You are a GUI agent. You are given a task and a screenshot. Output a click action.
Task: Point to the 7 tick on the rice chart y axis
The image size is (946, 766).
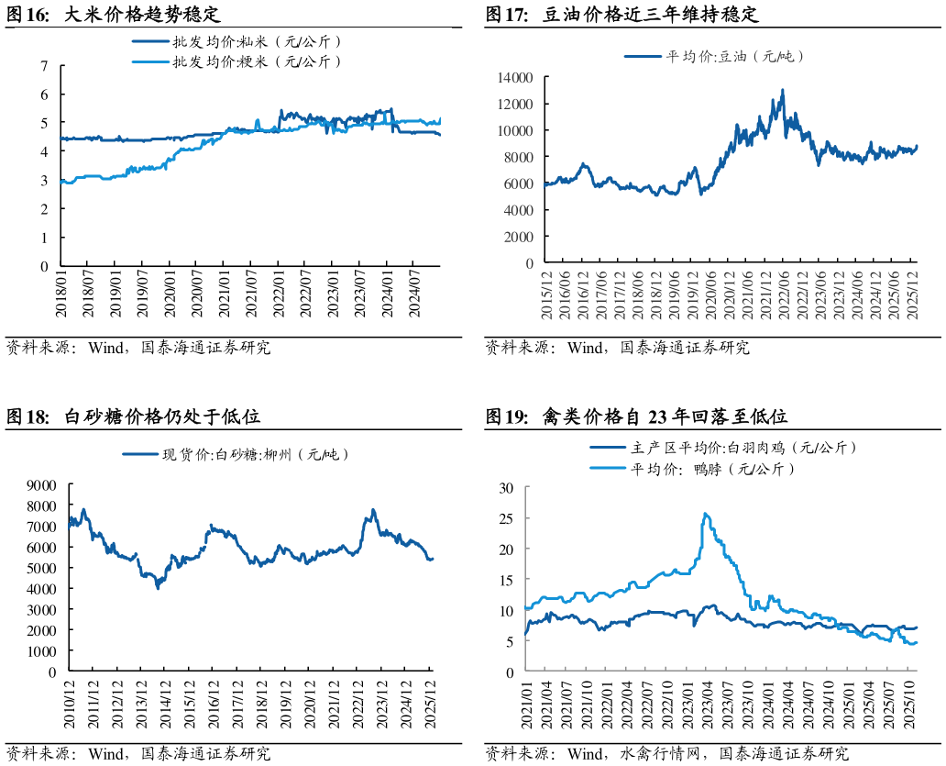[x=44, y=65]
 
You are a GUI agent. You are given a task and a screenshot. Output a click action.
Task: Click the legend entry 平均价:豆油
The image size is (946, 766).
[x=714, y=56]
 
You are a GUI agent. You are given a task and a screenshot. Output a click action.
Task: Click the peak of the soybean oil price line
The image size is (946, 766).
[x=782, y=90]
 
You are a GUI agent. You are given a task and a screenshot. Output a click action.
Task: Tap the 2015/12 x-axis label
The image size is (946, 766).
[x=546, y=295]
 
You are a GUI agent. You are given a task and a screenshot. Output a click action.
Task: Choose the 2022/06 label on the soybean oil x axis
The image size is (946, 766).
[x=783, y=295]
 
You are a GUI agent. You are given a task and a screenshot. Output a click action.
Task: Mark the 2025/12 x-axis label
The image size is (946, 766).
[x=912, y=295]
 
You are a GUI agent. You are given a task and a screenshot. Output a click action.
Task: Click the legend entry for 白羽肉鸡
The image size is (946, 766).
[x=724, y=449]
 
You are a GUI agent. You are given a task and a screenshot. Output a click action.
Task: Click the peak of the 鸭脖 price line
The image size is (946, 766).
[x=704, y=514]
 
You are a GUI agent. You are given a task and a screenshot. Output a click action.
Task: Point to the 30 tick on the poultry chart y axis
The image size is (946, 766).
[x=505, y=487]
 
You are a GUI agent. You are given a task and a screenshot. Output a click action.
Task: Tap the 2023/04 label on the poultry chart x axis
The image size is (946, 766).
[x=708, y=705]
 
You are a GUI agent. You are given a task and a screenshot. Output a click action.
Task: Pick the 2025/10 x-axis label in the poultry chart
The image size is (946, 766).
[x=910, y=705]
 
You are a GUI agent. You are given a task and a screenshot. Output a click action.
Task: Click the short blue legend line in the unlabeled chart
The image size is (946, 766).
[x=140, y=453]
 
